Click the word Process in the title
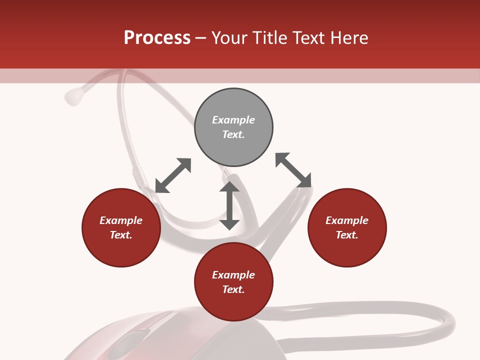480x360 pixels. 157,38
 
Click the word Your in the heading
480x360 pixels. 229,38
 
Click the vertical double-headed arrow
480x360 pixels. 229,206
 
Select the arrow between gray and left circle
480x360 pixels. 173,175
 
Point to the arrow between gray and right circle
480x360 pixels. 293,170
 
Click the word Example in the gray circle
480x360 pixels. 233,120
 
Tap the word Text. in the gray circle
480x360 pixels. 233,134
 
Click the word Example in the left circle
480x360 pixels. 121,220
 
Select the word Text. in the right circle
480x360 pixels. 347,235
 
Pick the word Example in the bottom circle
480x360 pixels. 233,275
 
